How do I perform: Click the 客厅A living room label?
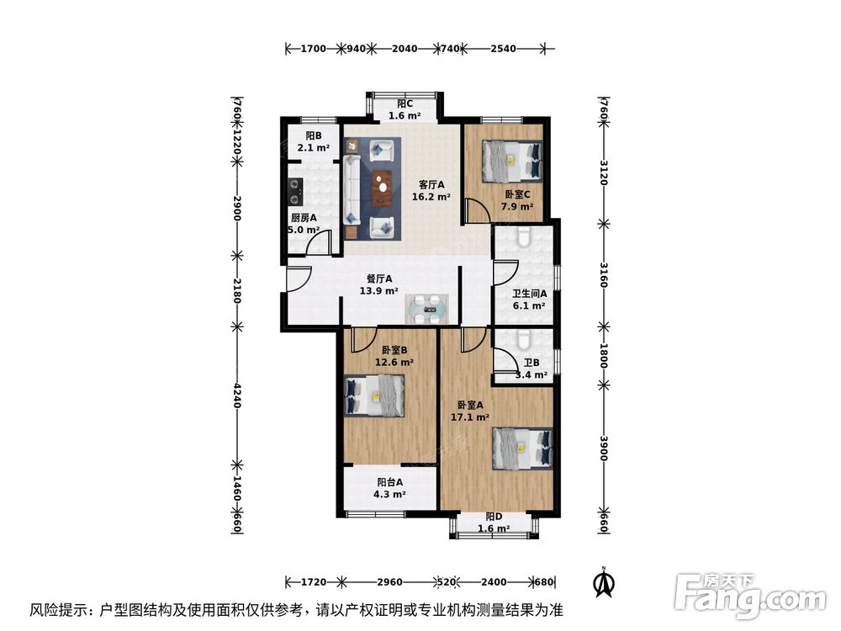click(431, 185)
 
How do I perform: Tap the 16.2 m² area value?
click(431, 198)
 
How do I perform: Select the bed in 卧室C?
click(511, 160)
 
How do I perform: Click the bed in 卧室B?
click(375, 395)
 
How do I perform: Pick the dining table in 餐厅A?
click(429, 309)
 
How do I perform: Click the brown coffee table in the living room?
click(383, 188)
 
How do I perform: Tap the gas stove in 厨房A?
click(295, 191)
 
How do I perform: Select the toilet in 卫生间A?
click(523, 237)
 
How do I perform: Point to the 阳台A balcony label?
click(389, 482)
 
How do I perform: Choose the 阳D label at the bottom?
click(494, 517)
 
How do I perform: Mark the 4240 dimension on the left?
click(238, 395)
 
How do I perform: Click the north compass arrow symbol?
click(602, 581)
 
